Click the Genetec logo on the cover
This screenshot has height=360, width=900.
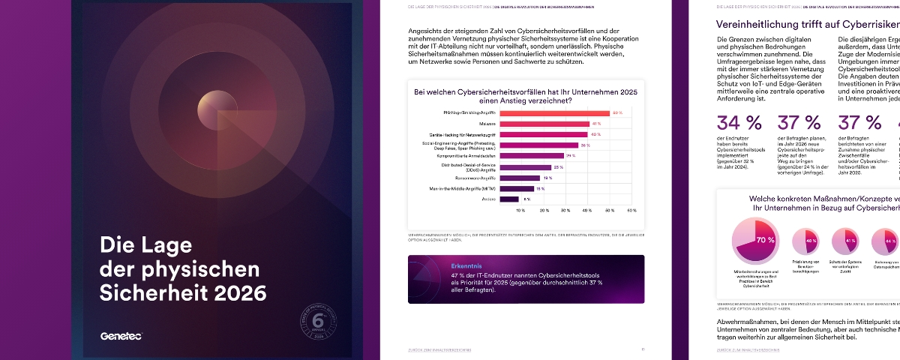click(121, 336)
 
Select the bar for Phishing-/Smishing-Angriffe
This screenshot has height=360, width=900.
click(554, 113)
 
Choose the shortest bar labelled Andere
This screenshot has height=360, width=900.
click(508, 199)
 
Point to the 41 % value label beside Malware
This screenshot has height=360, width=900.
click(596, 124)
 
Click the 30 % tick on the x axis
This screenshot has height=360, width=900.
click(565, 211)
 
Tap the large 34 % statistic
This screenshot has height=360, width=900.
click(739, 123)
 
